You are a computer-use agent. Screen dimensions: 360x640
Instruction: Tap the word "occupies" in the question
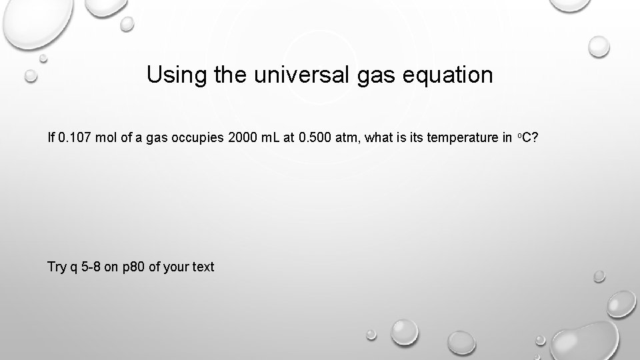(199, 139)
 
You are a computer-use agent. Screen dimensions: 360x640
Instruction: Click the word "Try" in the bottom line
(57, 267)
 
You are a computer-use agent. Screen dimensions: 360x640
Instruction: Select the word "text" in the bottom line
(203, 267)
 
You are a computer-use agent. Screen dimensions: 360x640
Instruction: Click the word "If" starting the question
(51, 139)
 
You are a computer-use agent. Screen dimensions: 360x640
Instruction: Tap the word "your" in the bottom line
(175, 267)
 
